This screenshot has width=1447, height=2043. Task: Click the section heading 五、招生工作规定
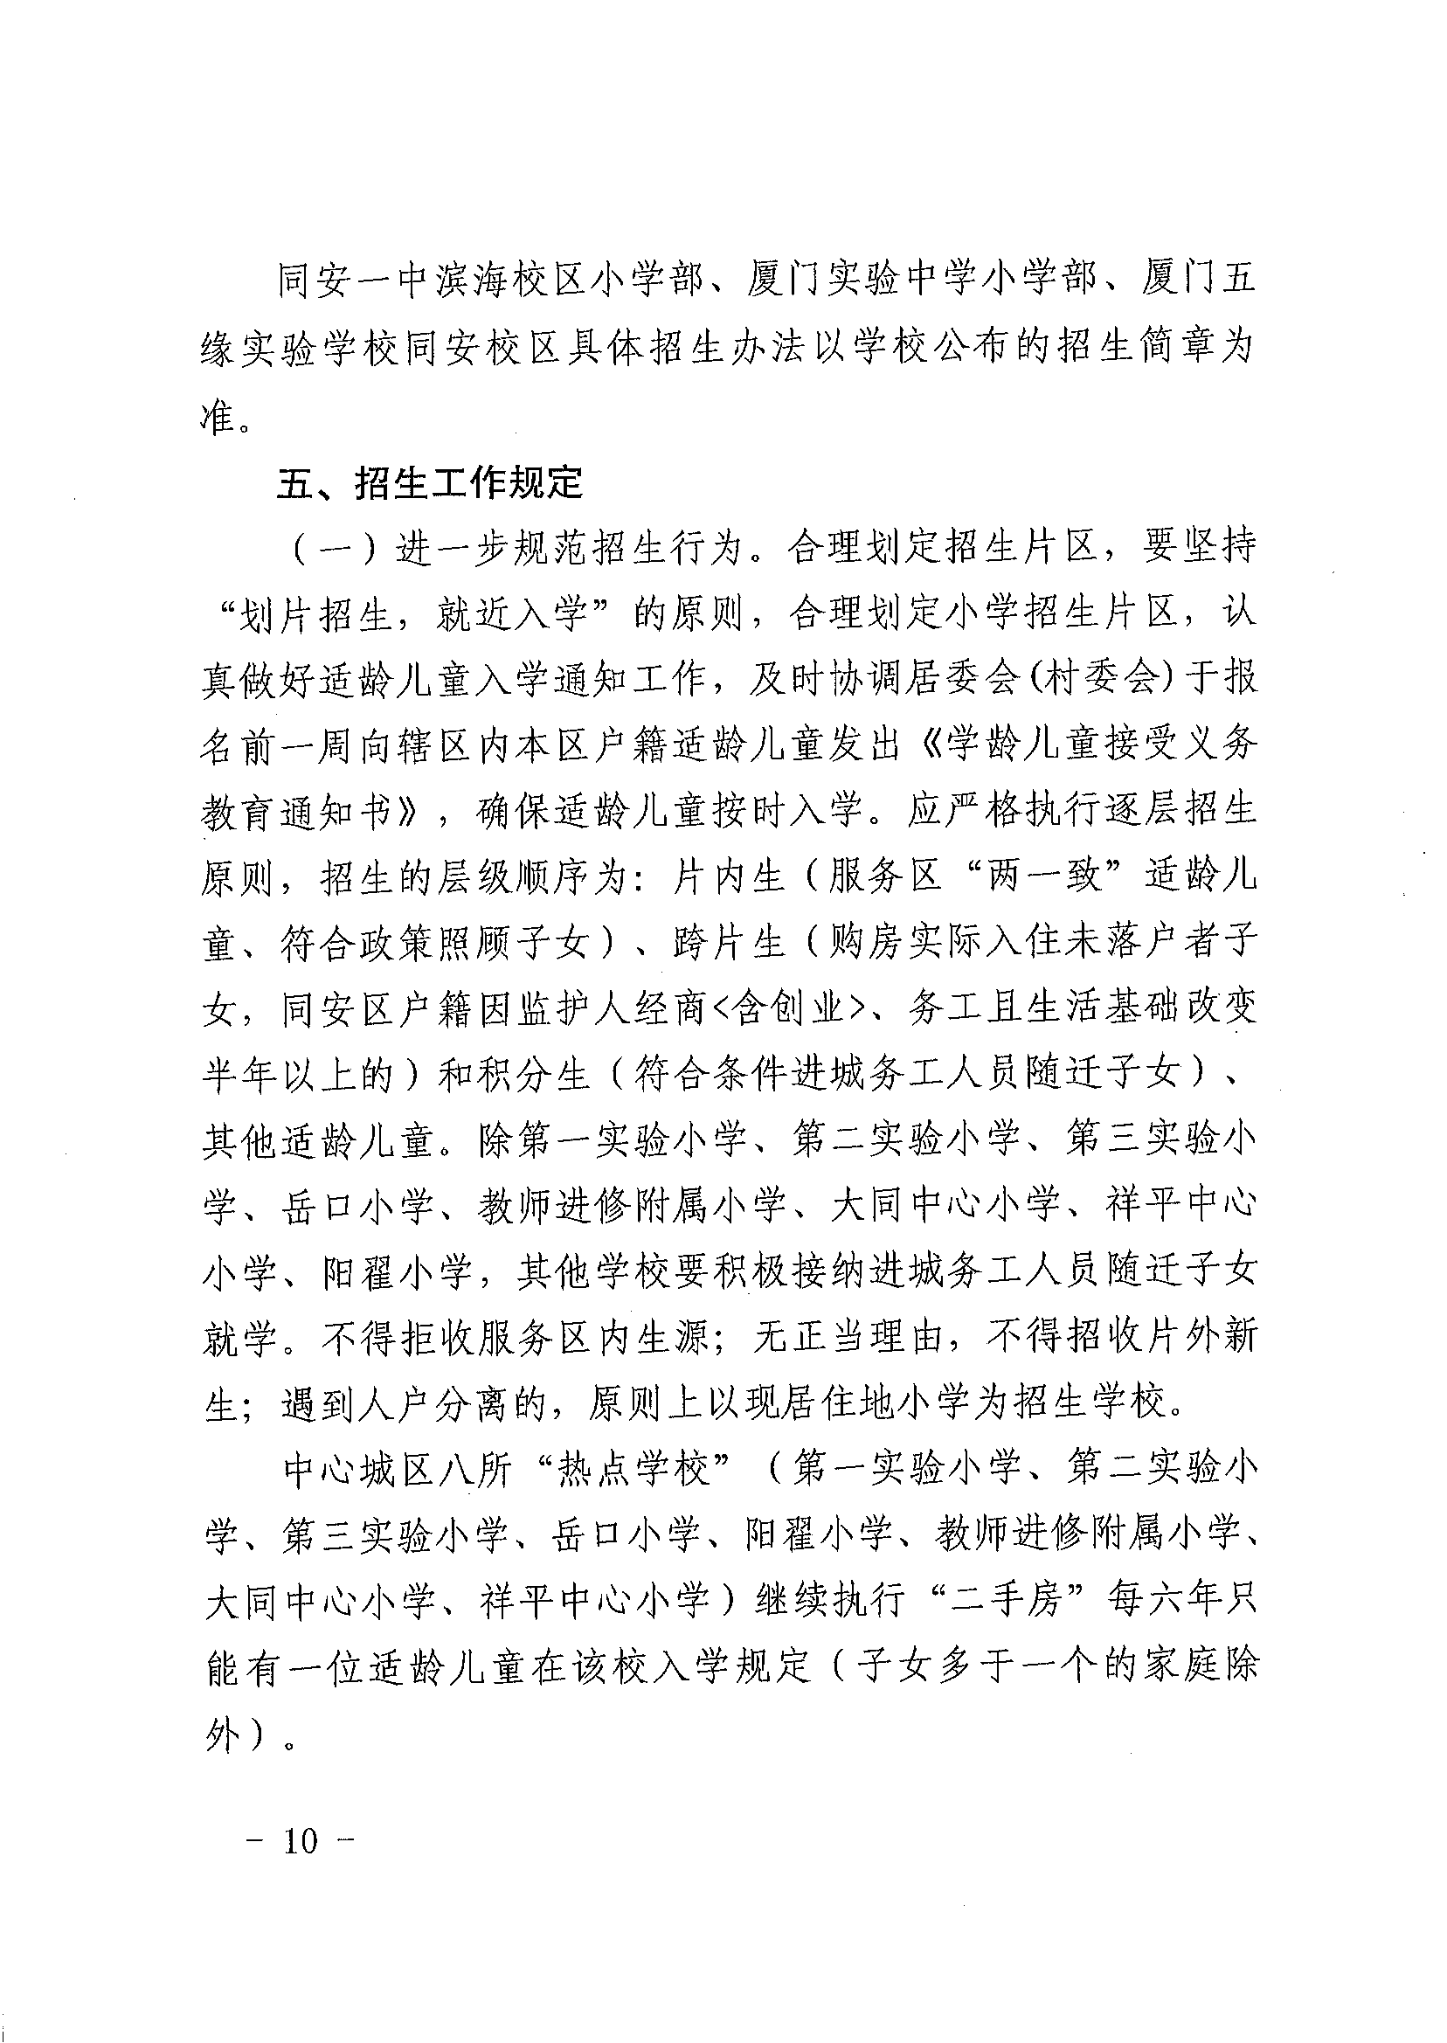point(428,483)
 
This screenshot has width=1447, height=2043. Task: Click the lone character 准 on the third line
point(218,417)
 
